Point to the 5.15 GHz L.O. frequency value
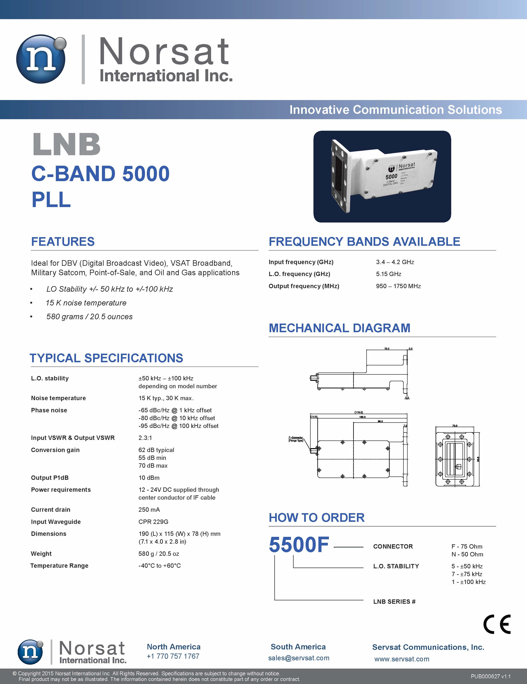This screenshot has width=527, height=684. [x=389, y=274]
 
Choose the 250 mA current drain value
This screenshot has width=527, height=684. [x=149, y=510]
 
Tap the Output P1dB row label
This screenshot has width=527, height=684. [x=50, y=478]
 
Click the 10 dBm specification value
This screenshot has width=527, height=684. [x=149, y=478]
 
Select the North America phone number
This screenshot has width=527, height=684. [x=173, y=656]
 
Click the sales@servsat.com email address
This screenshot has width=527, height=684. [x=299, y=658]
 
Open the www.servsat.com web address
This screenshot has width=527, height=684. [x=402, y=659]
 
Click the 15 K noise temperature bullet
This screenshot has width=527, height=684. [x=86, y=303]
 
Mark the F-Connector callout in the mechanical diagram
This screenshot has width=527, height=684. [x=296, y=439]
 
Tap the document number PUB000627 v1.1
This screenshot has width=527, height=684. [x=490, y=676]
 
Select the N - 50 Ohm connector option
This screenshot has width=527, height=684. [x=467, y=554]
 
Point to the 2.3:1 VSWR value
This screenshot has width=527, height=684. [x=145, y=438]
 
